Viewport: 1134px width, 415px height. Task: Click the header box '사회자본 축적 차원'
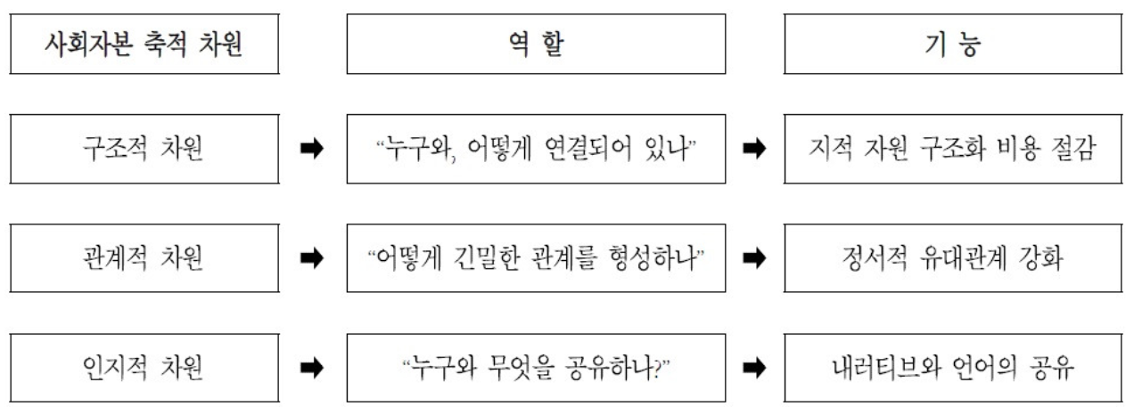tap(144, 44)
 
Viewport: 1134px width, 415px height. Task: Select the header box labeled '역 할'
tap(536, 44)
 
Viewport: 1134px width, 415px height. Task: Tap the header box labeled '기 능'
tap(953, 44)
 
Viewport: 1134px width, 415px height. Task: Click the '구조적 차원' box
tap(144, 149)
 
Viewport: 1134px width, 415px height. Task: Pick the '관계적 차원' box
tap(144, 257)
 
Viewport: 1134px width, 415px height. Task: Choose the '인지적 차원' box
tap(144, 368)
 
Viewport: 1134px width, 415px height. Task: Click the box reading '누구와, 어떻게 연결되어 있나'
tap(536, 149)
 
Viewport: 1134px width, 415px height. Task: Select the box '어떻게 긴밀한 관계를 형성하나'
tap(536, 257)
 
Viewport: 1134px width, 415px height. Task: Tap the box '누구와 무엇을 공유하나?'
tap(536, 368)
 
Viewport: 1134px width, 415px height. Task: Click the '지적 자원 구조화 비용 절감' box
tap(953, 149)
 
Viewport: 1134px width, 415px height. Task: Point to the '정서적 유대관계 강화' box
tap(953, 257)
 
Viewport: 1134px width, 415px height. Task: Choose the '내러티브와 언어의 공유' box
tap(953, 368)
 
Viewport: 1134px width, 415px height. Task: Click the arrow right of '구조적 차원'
tap(312, 149)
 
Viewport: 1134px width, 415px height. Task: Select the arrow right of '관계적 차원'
tap(312, 257)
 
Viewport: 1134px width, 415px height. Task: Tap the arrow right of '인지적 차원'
tap(312, 368)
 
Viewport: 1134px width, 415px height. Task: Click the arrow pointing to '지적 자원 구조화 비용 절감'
tap(754, 149)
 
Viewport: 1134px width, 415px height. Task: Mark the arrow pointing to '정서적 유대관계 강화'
tap(754, 257)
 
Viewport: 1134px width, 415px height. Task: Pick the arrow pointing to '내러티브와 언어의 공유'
tap(754, 368)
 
